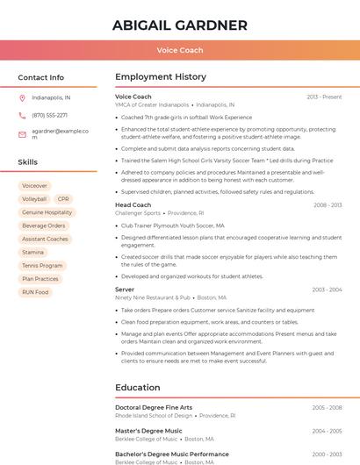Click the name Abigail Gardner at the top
pos(179,25)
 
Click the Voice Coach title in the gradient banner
pos(179,50)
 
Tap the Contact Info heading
pos(40,77)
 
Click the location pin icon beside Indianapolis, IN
pos(22,97)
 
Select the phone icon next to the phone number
pos(22,115)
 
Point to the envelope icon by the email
pos(22,134)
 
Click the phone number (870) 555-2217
pos(49,115)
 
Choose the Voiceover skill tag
pos(34,186)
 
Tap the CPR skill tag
pos(63,199)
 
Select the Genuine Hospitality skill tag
pos(47,212)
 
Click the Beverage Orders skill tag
pos(44,225)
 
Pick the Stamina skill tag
pos(32,253)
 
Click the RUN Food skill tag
pos(35,292)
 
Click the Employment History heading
pos(161,77)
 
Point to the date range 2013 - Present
pos(324,97)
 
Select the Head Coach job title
pos(133,205)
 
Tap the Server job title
pos(125,290)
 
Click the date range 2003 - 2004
pos(327,290)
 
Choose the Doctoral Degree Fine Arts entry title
pos(154,408)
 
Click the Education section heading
pos(138,388)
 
